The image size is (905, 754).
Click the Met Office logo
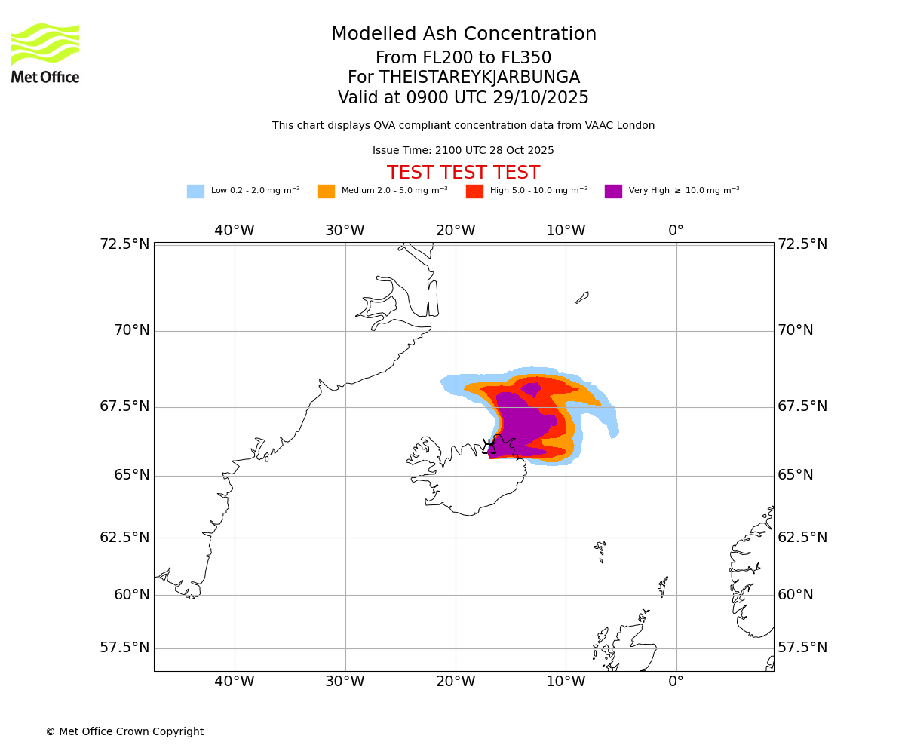[x=45, y=53]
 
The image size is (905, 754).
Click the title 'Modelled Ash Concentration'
[x=464, y=35]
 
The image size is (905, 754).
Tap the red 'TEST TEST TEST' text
[x=463, y=173]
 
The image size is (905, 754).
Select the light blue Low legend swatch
[x=195, y=192]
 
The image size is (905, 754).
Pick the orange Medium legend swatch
[x=326, y=192]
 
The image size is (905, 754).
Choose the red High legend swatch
[x=474, y=192]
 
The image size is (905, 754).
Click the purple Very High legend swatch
[x=613, y=192]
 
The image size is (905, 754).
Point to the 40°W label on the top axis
[x=235, y=231]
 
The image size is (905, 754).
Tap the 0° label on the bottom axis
[x=676, y=682]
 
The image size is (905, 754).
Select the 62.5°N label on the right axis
[x=802, y=538]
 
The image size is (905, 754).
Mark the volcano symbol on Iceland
[x=489, y=446]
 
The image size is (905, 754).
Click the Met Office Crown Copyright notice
[x=124, y=732]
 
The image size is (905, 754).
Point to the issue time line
[x=463, y=151]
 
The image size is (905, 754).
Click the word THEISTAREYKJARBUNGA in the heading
[x=480, y=78]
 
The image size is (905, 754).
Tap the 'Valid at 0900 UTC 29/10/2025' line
[x=463, y=98]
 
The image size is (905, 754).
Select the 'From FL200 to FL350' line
[x=463, y=58]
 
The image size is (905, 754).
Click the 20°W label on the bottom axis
[x=456, y=682]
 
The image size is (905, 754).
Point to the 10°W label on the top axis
[x=566, y=231]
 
